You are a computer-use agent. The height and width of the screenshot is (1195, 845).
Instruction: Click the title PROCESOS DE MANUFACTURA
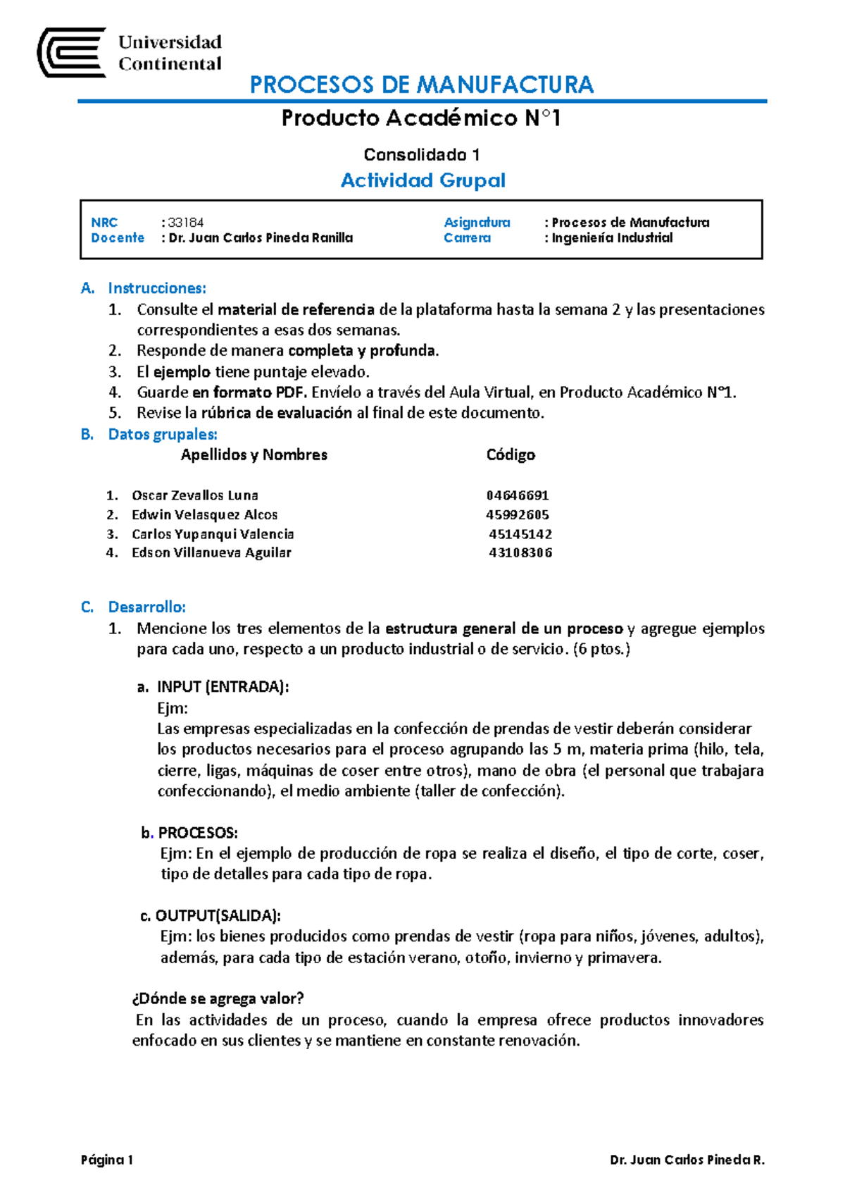coord(421,85)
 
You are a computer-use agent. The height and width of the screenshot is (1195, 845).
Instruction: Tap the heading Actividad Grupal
coord(423,180)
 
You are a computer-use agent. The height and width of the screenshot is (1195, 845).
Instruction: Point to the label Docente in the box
coord(118,238)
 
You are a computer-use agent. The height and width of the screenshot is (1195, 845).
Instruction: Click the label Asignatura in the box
coord(477,223)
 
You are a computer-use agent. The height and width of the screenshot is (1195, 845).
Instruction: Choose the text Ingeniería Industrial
coord(612,238)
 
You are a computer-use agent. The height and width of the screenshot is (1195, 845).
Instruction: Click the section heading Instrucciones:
coord(156,288)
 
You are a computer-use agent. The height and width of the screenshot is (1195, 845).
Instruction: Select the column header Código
coord(511,455)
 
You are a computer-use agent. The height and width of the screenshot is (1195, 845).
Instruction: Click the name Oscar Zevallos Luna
coord(195,495)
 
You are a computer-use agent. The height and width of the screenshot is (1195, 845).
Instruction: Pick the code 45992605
coord(518,515)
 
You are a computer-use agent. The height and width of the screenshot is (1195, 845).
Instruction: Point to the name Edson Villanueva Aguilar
coord(211,553)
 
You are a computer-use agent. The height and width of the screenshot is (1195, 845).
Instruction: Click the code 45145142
coord(520,534)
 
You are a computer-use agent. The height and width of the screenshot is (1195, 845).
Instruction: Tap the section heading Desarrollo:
coord(146,607)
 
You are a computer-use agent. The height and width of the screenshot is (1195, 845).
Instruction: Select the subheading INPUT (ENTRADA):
coord(223,687)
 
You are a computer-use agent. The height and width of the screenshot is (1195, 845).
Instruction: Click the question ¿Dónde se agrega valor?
coord(218,998)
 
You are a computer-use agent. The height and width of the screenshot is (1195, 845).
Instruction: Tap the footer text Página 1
coord(107,1160)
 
